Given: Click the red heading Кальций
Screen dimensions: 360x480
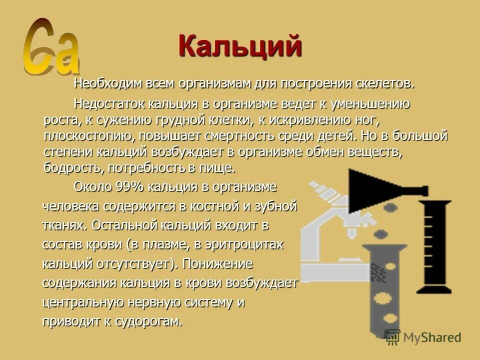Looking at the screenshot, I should (240, 47).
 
